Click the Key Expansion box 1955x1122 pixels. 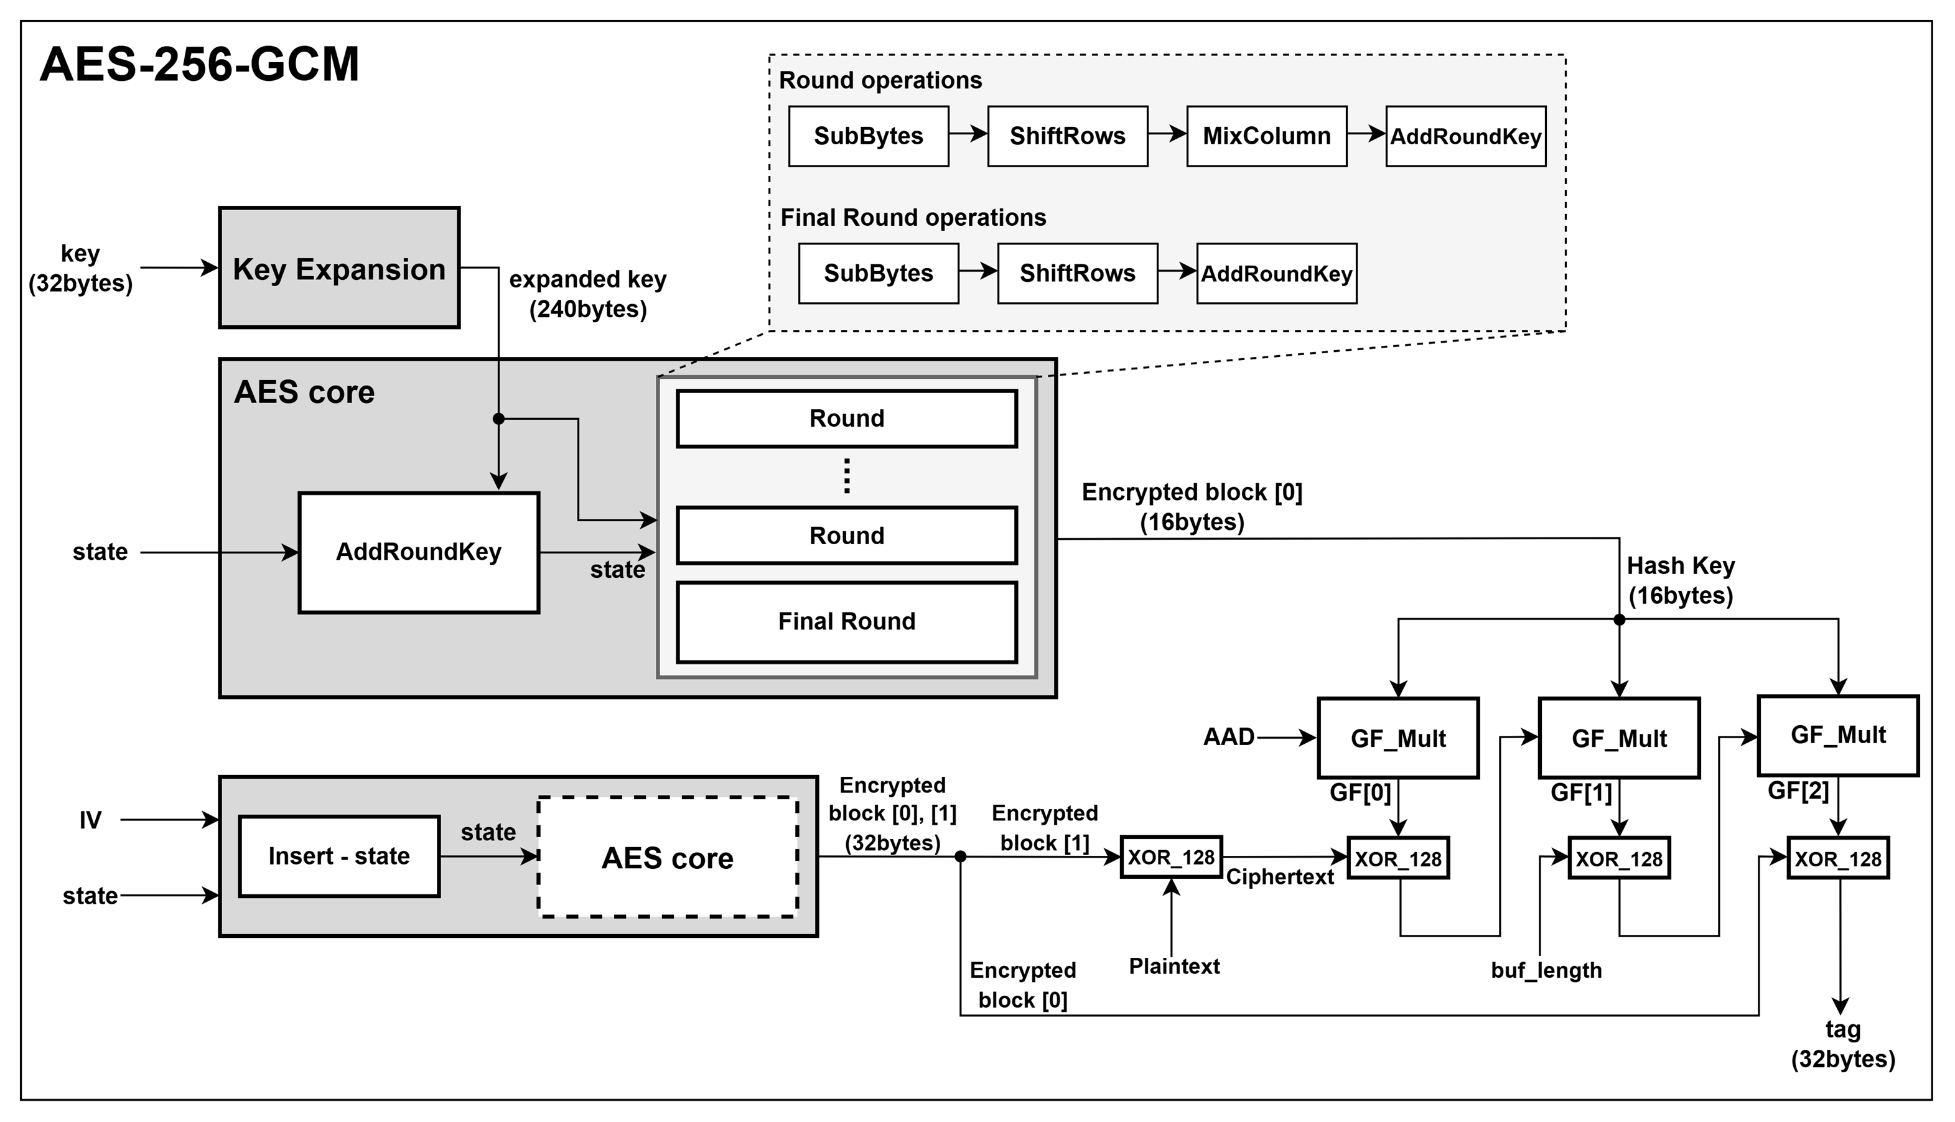(x=339, y=267)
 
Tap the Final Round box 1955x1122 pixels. (x=846, y=622)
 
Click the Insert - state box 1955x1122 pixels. (x=339, y=856)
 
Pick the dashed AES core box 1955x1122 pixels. (x=668, y=857)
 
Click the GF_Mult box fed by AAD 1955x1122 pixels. (x=1397, y=738)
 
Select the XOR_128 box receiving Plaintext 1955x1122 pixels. (x=1171, y=857)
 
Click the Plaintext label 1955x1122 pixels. (x=1174, y=967)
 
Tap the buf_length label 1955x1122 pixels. (x=1546, y=970)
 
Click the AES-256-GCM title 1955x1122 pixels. (x=200, y=64)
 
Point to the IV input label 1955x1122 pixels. (x=90, y=821)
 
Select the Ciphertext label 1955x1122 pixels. (x=1280, y=878)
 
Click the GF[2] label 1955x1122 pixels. (x=1798, y=791)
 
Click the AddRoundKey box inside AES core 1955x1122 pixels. (x=419, y=552)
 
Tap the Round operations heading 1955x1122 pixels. (x=880, y=80)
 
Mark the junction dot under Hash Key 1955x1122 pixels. (x=1620, y=619)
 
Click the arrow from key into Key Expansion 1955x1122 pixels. (x=179, y=267)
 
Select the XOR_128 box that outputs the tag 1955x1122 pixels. (x=1838, y=858)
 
